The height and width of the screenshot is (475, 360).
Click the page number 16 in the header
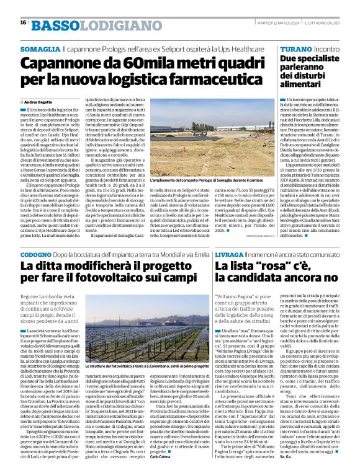pyautogui.click(x=23, y=22)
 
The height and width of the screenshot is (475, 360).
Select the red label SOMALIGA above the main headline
pyautogui.click(x=40, y=48)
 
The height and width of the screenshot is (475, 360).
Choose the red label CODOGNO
pyautogui.click(x=39, y=255)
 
